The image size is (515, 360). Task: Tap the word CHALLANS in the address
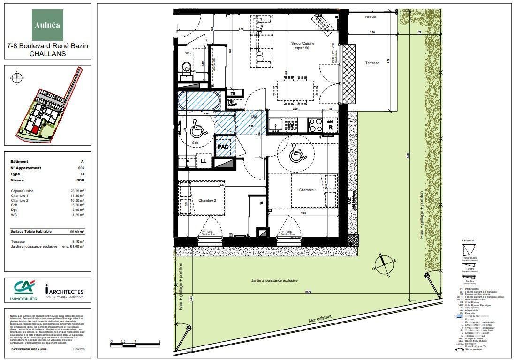tap(47, 53)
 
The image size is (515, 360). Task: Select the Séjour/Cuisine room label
tap(302, 43)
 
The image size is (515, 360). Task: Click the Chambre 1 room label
tap(308, 190)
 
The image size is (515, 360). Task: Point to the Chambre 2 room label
tap(207, 200)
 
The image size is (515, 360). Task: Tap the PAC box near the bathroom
tap(223, 147)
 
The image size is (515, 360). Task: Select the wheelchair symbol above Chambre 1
tap(296, 153)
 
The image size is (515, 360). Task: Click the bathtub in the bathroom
tap(198, 101)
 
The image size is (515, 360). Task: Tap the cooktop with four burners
tap(315, 125)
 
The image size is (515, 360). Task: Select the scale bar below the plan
tap(135, 345)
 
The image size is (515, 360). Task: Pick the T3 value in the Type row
tap(81, 174)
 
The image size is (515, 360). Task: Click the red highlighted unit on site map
tap(35, 128)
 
